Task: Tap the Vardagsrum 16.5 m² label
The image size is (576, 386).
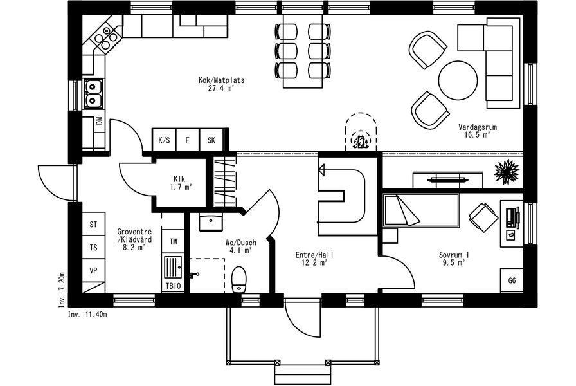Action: [478, 131]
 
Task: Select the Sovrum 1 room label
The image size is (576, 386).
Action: [454, 259]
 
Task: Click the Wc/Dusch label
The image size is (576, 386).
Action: [241, 246]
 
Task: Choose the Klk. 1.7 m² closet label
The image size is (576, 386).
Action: [181, 183]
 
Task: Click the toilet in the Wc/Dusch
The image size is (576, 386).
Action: [239, 280]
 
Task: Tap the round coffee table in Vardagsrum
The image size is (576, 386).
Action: [458, 80]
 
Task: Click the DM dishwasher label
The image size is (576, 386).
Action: [99, 121]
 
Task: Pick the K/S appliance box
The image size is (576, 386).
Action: [164, 140]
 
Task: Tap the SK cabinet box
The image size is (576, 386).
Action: [212, 140]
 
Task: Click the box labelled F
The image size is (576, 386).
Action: [188, 140]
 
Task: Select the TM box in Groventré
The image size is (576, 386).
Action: [173, 241]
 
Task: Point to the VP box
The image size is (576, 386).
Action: [93, 271]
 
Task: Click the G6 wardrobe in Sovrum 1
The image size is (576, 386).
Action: [512, 280]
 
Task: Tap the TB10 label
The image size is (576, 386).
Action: [173, 286]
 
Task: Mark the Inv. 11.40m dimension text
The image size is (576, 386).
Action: [87, 315]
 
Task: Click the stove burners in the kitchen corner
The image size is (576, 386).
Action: [106, 36]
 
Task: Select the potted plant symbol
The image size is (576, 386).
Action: [507, 172]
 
